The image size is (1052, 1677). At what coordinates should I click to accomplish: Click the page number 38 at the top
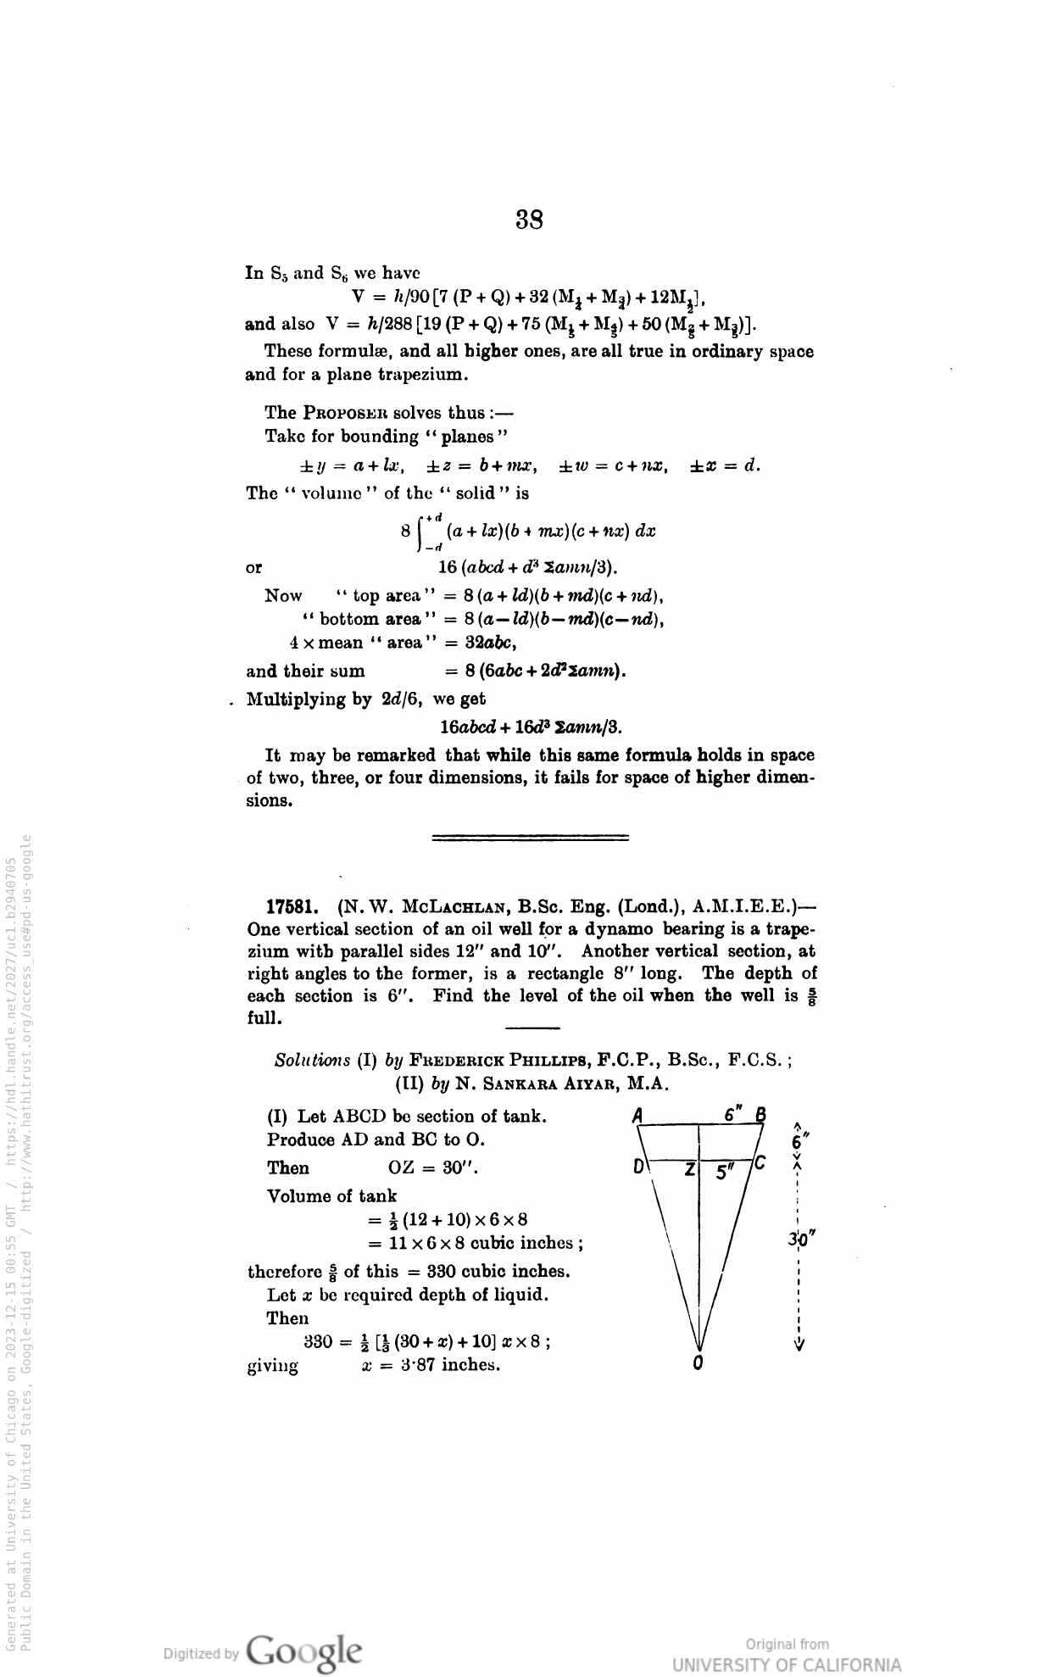pyautogui.click(x=529, y=220)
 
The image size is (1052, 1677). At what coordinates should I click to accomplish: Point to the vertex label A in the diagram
pyautogui.click(x=638, y=1115)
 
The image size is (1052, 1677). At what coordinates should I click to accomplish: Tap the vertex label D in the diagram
pyautogui.click(x=638, y=1167)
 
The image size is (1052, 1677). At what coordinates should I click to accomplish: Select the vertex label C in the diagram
pyautogui.click(x=760, y=1162)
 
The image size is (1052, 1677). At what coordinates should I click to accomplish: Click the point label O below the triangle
pyautogui.click(x=698, y=1363)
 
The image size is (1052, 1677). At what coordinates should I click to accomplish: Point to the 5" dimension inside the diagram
pyautogui.click(x=725, y=1171)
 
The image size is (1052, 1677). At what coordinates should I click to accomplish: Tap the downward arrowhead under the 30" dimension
pyautogui.click(x=799, y=1344)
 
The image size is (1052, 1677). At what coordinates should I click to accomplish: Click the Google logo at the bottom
pyautogui.click(x=304, y=1652)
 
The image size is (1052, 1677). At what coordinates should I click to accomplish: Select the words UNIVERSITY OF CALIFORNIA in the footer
pyautogui.click(x=787, y=1664)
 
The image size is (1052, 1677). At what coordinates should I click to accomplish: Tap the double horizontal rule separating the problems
pyautogui.click(x=530, y=838)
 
